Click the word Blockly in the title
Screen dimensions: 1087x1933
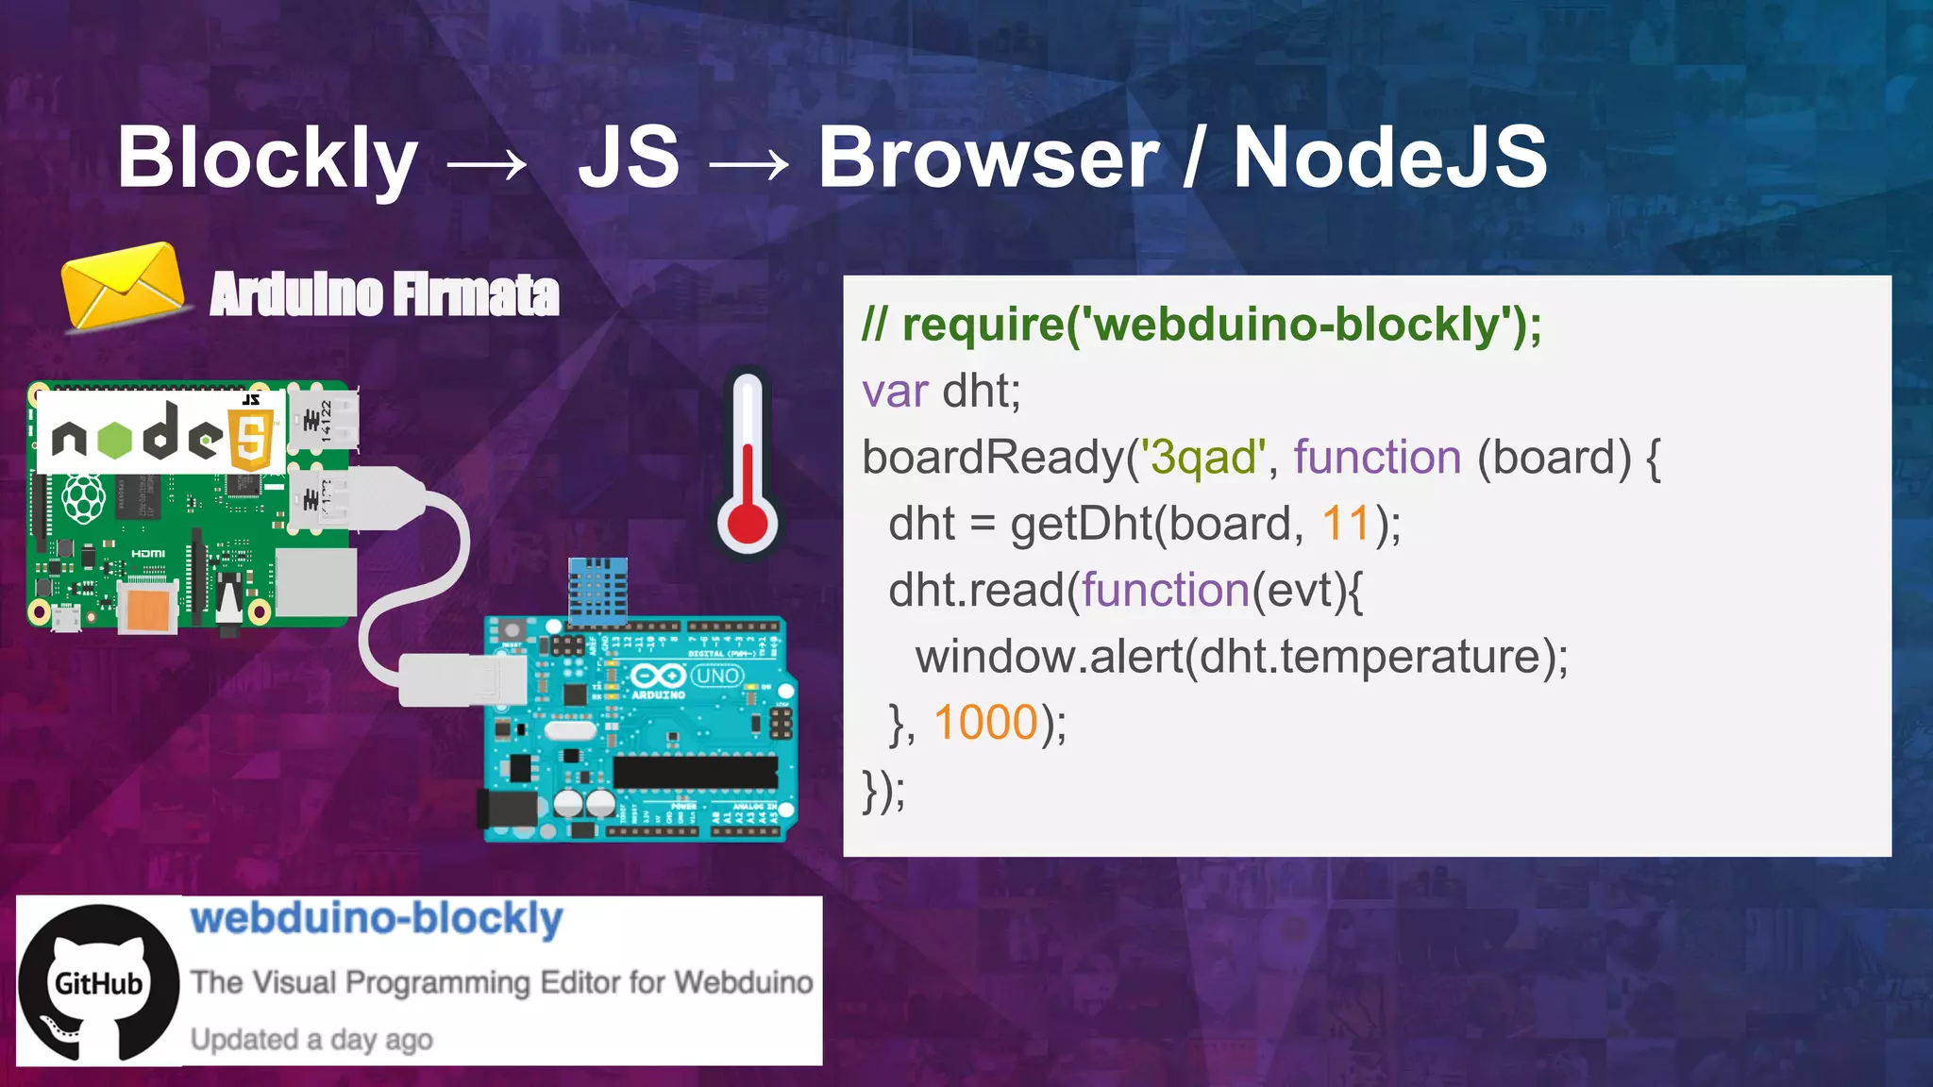click(x=267, y=159)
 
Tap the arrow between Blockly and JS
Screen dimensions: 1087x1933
click(x=486, y=165)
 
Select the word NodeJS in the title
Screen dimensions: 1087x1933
click(x=1389, y=159)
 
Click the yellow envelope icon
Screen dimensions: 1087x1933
click(x=122, y=285)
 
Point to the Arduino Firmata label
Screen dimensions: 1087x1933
click(x=384, y=294)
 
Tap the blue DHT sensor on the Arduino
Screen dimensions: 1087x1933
click(x=597, y=591)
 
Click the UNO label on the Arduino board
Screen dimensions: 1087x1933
click(x=717, y=676)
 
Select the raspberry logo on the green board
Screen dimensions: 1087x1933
click(x=83, y=497)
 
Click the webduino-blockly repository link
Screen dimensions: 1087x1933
click(x=377, y=918)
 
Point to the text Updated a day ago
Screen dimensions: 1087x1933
click(x=311, y=1040)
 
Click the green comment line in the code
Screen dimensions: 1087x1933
click(x=1201, y=325)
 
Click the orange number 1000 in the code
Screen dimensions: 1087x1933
click(x=985, y=723)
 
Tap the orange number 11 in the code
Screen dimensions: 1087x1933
click(x=1345, y=524)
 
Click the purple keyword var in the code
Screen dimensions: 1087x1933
click(x=894, y=391)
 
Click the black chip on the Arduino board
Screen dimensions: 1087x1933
click(x=695, y=771)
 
